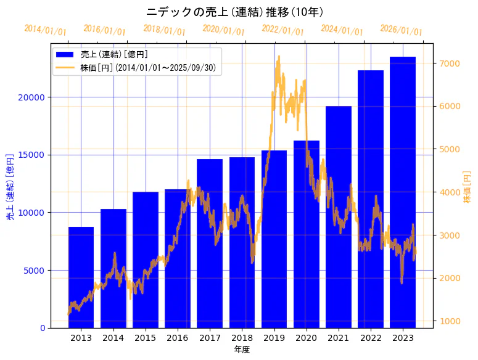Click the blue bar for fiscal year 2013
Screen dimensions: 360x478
pos(81,277)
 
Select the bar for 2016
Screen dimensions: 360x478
pos(178,258)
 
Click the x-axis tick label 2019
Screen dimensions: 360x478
pos(274,338)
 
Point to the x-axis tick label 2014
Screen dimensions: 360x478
pos(113,338)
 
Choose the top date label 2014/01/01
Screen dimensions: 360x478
pos(46,30)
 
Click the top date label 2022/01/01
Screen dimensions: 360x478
pos(283,30)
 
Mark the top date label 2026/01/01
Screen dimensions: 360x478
pos(402,30)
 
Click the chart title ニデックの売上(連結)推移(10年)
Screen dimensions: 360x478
pos(235,12)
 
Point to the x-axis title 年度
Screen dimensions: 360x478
pos(242,350)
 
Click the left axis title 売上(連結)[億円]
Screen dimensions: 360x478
pos(10,187)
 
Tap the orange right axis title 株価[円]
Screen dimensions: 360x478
pos(467,187)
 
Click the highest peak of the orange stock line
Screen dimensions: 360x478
pos(279,57)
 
